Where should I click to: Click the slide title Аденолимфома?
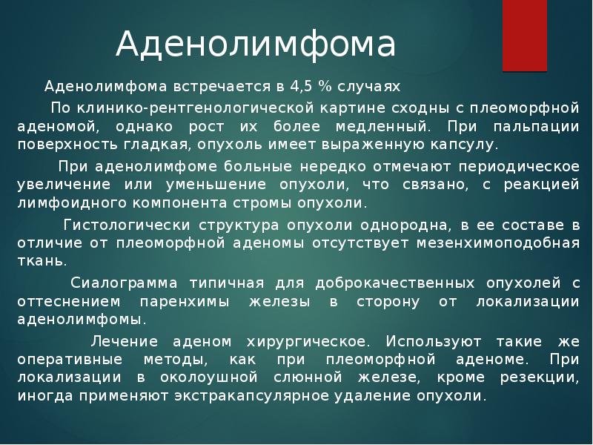pos(256,45)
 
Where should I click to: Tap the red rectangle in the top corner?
pos(525,36)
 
